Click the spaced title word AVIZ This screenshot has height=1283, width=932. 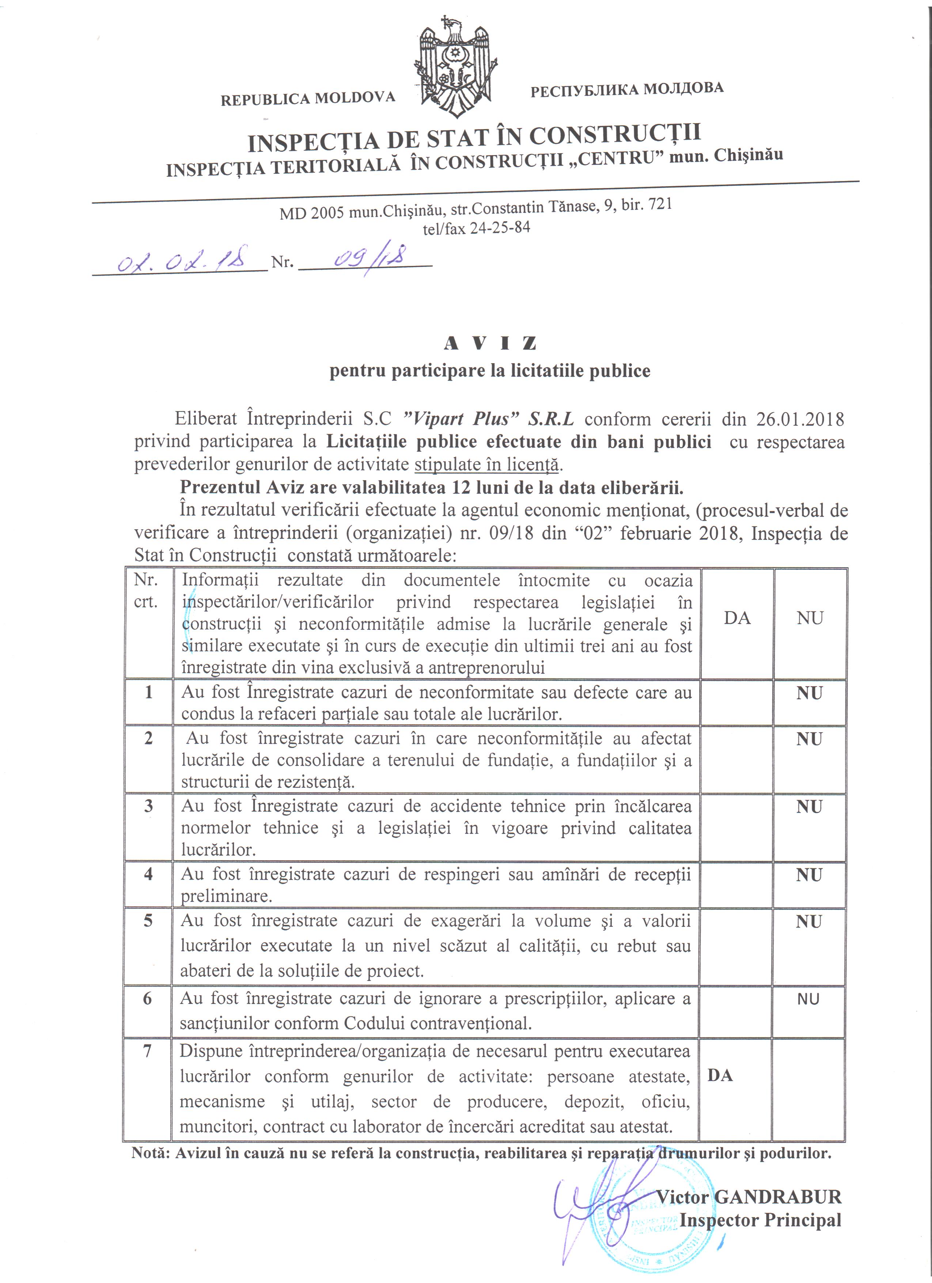(x=490, y=343)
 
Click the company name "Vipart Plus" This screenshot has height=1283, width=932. (x=456, y=419)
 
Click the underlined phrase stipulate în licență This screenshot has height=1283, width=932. (x=486, y=464)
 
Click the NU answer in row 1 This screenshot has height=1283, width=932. (x=809, y=693)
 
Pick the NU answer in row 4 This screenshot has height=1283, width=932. (x=809, y=875)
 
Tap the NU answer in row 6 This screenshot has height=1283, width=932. (x=808, y=1000)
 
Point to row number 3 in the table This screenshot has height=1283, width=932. (x=148, y=806)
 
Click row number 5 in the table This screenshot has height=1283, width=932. (x=148, y=921)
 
